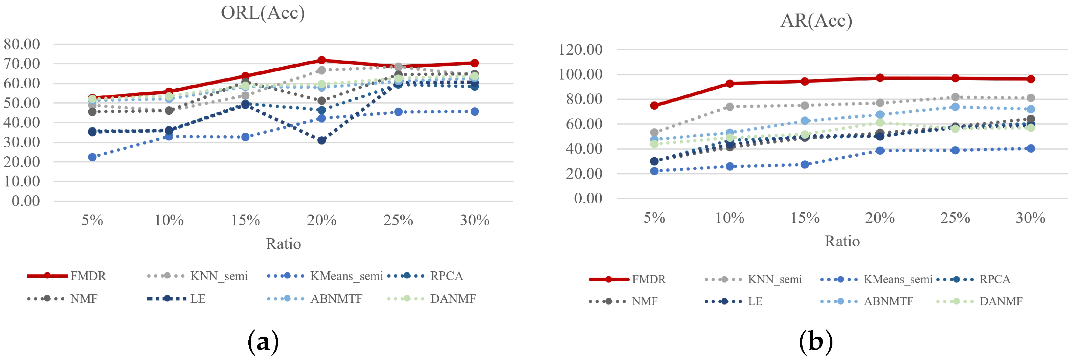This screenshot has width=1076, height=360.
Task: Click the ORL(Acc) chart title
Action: click(x=263, y=13)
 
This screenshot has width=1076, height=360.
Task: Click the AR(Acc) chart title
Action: click(x=816, y=20)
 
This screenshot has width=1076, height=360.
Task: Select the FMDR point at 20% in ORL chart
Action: click(x=322, y=60)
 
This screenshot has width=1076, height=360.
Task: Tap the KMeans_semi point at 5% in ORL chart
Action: click(x=92, y=157)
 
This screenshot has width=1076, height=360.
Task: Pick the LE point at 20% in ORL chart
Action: click(x=322, y=140)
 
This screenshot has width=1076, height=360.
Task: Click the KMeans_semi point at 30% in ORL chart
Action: click(x=474, y=112)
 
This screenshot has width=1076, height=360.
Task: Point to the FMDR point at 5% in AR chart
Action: click(x=654, y=105)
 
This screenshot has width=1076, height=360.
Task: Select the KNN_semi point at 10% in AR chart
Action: click(x=730, y=107)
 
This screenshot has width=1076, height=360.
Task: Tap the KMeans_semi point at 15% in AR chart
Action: click(x=805, y=164)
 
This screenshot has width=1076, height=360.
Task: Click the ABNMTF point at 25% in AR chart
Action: click(x=955, y=107)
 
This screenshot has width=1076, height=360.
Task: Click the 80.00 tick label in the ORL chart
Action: click(x=22, y=44)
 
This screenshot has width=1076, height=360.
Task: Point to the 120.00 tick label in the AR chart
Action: click(x=580, y=50)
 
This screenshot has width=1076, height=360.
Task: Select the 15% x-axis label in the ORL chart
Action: click(x=245, y=220)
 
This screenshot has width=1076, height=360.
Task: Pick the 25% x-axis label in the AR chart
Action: click(x=955, y=218)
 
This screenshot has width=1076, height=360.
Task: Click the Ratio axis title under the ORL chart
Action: click(x=283, y=244)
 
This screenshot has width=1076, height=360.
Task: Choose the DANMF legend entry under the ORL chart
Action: click(x=453, y=299)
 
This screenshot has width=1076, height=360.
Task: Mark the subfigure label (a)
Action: click(x=263, y=342)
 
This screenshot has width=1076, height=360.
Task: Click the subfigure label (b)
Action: click(x=816, y=342)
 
